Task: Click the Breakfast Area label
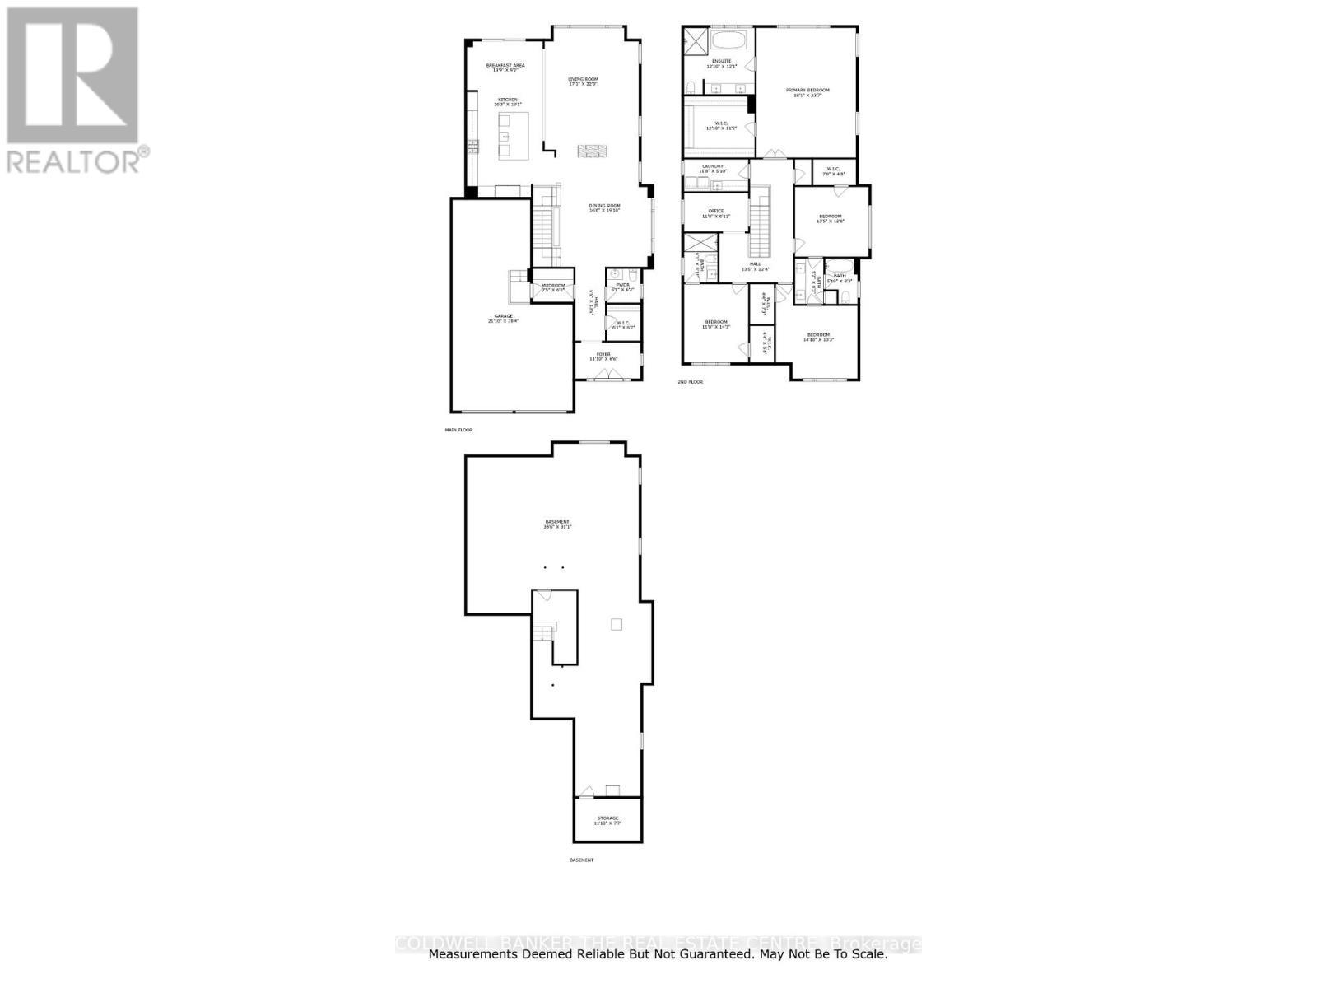pos(505,66)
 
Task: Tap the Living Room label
pos(583,79)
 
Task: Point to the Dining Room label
pos(604,206)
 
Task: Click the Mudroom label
pos(552,286)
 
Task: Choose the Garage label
pos(503,316)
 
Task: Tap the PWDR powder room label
pos(622,285)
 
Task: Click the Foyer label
pos(603,354)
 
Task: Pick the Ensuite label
pos(721,61)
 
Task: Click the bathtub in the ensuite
pos(729,40)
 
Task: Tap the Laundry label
pos(712,166)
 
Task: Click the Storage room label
pos(607,818)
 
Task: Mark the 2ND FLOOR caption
pos(690,382)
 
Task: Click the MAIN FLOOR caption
pos(458,430)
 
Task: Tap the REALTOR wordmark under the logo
pos(74,161)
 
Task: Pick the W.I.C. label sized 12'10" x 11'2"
pos(720,123)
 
